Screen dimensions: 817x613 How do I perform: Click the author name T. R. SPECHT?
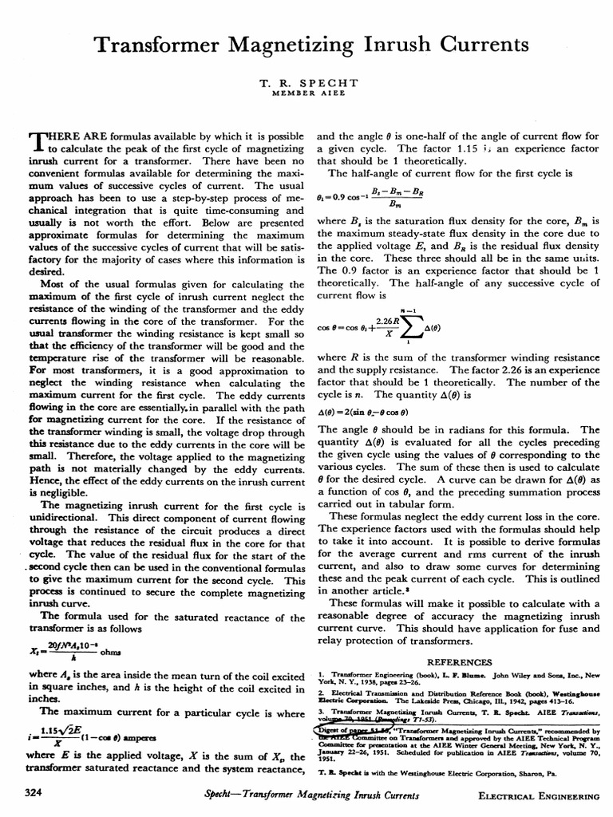(306, 83)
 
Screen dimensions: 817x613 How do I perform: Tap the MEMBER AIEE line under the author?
(306, 94)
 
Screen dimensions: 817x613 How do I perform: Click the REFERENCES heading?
(457, 662)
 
